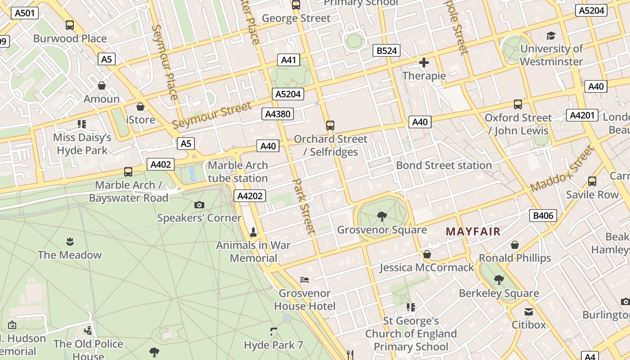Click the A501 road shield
click(24, 13)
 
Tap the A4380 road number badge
click(278, 114)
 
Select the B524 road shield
click(387, 50)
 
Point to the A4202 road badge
click(250, 196)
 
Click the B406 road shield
click(543, 216)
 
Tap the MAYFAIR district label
click(473, 232)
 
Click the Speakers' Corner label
click(199, 218)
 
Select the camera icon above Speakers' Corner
click(199, 205)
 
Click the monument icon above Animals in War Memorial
click(253, 232)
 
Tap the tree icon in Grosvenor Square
click(382, 216)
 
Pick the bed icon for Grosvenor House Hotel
click(305, 280)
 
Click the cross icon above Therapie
click(423, 63)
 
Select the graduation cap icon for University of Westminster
click(551, 36)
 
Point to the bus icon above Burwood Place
click(70, 25)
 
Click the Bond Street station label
click(444, 165)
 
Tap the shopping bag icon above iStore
click(140, 107)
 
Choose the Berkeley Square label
click(499, 293)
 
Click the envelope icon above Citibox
click(529, 311)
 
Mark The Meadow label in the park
click(70, 255)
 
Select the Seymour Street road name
click(211, 115)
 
